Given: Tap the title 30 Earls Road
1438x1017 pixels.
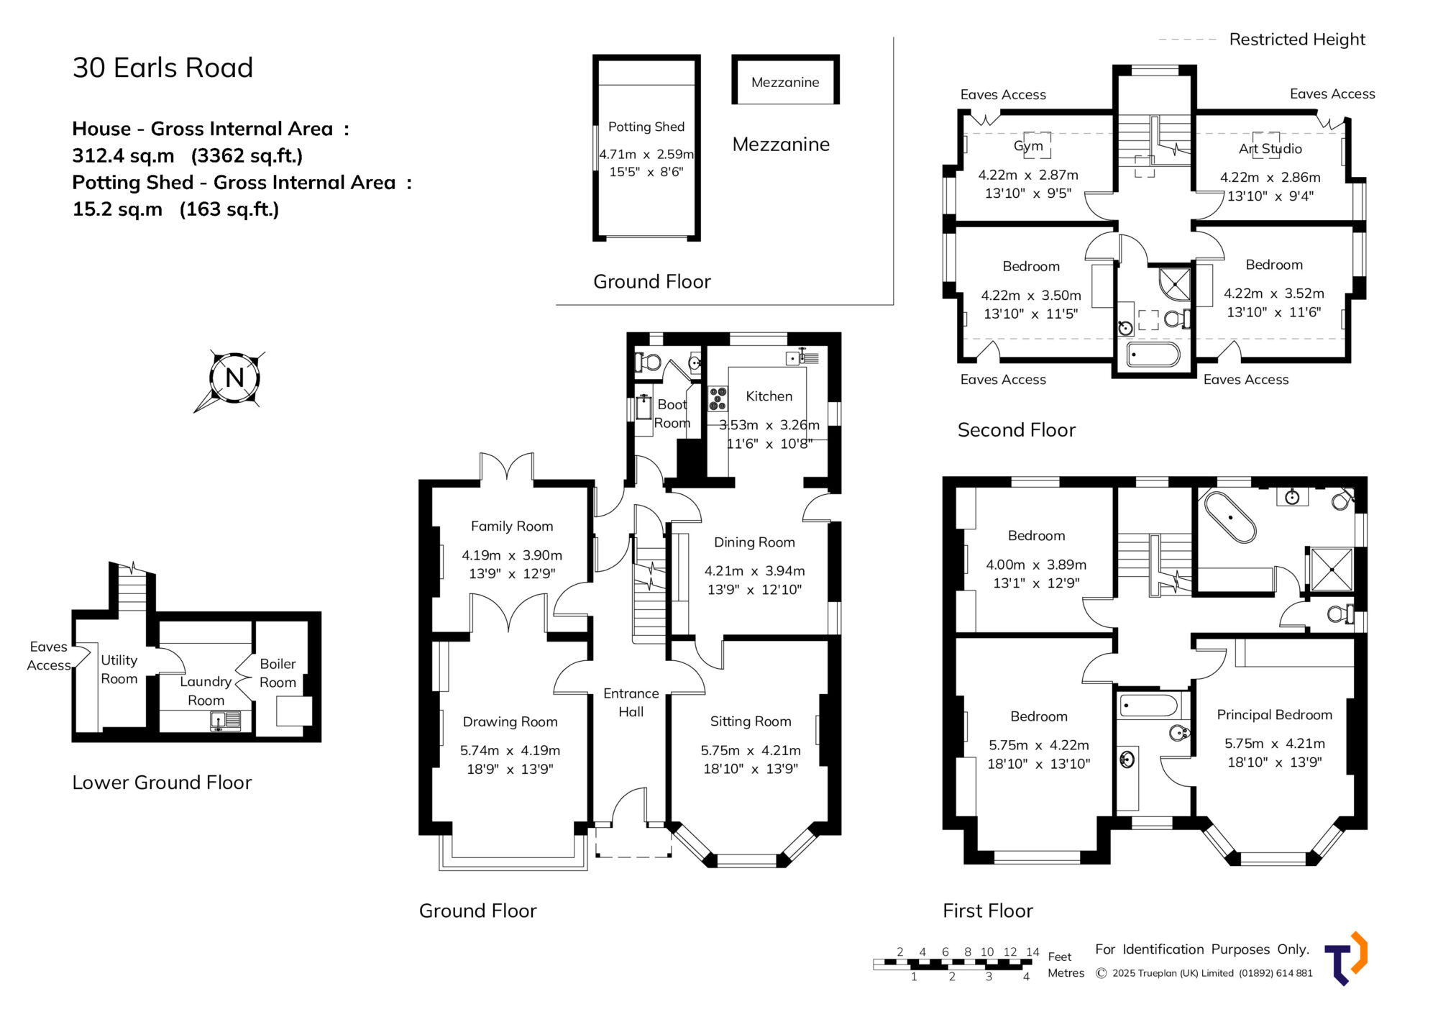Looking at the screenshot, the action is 162,68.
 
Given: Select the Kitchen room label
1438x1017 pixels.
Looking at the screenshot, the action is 769,396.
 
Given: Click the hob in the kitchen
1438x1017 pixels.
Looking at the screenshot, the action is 718,398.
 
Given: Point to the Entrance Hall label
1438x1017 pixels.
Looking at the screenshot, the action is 631,703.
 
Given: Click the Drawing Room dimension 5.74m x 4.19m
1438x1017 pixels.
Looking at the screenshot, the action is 510,750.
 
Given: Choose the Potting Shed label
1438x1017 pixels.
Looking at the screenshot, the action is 646,127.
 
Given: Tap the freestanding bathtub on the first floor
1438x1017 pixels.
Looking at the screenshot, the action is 1230,516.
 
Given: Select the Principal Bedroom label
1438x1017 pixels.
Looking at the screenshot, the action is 1274,715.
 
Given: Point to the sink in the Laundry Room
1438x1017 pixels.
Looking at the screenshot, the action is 225,720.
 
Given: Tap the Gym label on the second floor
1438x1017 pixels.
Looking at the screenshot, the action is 1028,146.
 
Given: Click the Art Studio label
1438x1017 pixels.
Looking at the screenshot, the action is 1270,149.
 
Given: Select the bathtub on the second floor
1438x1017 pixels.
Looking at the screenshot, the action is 1153,355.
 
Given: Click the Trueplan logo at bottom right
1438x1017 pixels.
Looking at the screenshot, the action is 1346,959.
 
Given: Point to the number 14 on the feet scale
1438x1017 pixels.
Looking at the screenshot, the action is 1032,952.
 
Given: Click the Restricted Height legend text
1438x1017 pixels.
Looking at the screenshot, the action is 1297,40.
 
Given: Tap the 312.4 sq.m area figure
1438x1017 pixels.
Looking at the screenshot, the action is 123,156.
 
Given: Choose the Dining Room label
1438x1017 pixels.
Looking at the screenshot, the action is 754,542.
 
